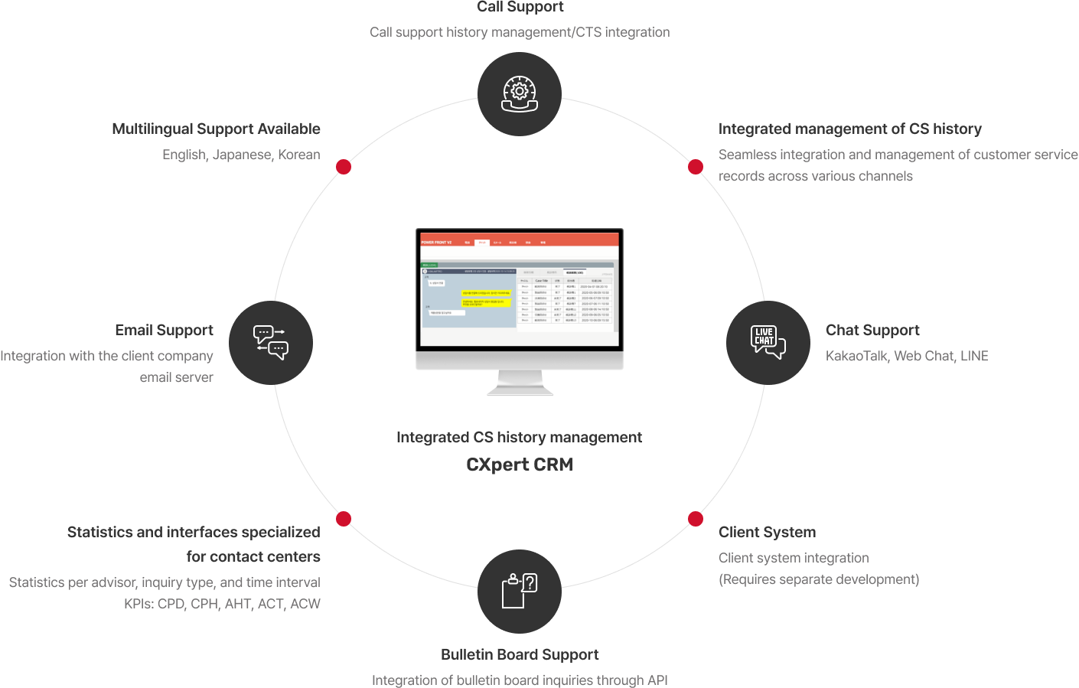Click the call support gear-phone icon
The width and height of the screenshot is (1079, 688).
click(520, 94)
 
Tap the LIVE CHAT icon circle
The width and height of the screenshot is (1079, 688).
click(768, 342)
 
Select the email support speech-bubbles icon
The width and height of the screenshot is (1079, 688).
click(271, 342)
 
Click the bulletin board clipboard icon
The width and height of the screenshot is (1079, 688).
click(520, 591)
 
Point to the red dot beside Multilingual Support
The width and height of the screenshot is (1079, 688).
click(344, 167)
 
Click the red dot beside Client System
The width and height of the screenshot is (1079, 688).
click(696, 519)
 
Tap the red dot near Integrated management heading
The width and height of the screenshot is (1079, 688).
click(696, 167)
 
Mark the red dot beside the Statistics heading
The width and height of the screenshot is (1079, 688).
click(344, 519)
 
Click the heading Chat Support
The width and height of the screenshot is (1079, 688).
click(872, 330)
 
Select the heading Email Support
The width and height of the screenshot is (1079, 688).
click(164, 330)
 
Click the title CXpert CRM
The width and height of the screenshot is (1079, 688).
click(520, 465)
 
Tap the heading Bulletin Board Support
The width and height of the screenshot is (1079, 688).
click(520, 654)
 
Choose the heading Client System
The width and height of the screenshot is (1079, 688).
click(767, 532)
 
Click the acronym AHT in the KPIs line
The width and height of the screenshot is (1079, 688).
click(238, 604)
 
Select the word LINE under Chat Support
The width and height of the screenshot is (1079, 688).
click(974, 356)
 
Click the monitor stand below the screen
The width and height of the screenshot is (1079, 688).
click(520, 383)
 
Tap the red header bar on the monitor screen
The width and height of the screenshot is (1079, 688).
click(520, 240)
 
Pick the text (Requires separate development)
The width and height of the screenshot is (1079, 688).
click(819, 579)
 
